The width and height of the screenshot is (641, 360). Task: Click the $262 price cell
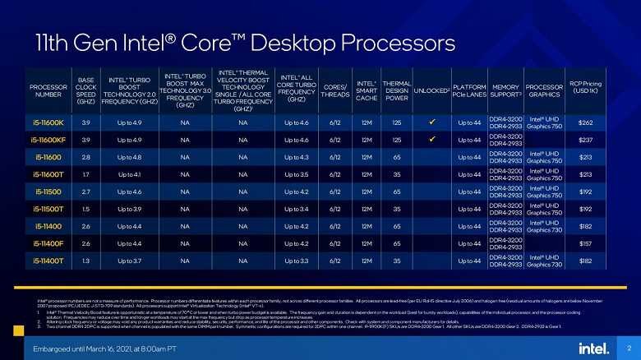tap(586, 122)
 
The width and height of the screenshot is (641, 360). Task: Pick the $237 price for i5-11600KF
tap(586, 140)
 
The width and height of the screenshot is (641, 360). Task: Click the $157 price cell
tap(586, 243)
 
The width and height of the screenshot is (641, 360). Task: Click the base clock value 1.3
tap(86, 261)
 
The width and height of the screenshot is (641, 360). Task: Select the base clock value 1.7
tap(86, 174)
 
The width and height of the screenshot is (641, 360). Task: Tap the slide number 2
tap(627, 348)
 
